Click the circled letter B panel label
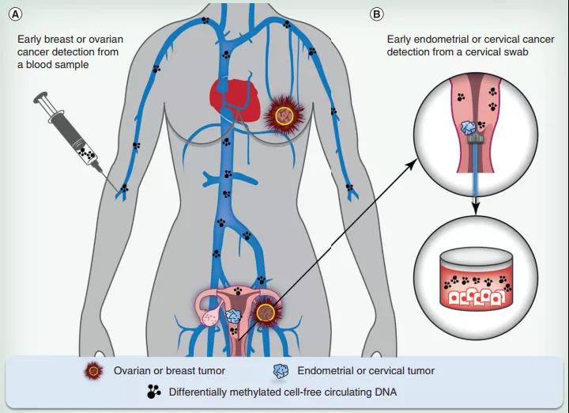click(377, 14)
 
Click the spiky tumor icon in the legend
click(95, 370)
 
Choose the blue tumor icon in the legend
click(280, 370)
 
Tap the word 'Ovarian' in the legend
click(133, 370)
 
